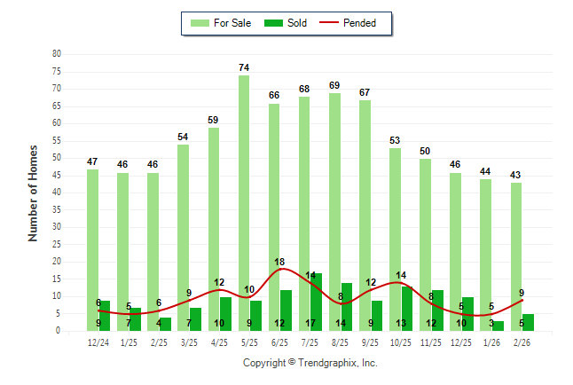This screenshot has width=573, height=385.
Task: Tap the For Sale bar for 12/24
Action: tap(92, 249)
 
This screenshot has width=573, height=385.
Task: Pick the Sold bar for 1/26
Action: tap(498, 326)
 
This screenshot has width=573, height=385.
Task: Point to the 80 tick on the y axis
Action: tap(57, 54)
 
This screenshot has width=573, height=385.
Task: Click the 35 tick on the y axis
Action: tap(57, 210)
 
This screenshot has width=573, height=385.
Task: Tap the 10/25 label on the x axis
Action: tap(401, 342)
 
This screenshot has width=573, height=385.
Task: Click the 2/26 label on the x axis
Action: tap(522, 342)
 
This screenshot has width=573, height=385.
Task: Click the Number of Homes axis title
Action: tap(34, 192)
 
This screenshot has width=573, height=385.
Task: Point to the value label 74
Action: tap(243, 67)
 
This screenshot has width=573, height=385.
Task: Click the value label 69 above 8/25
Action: tap(334, 85)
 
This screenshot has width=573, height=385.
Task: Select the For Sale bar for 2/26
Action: tap(515, 256)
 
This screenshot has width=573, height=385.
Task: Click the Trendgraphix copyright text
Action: tap(310, 363)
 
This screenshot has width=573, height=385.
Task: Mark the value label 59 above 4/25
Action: tap(213, 120)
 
